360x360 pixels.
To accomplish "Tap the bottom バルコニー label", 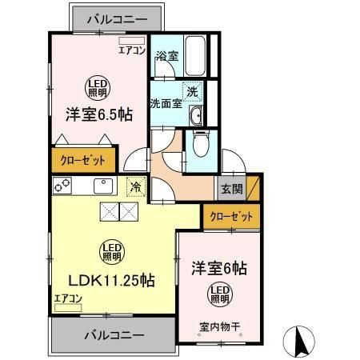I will click(112, 334).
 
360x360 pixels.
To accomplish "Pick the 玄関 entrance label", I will click(232, 190).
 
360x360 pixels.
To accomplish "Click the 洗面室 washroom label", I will click(165, 103).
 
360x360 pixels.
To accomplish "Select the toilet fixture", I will click(200, 144).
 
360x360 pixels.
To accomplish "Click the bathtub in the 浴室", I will click(194, 54).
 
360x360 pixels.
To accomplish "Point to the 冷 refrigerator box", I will click(135, 186).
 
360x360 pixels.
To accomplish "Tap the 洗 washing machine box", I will click(192, 92).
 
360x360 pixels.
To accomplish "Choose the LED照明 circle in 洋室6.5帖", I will click(98, 86).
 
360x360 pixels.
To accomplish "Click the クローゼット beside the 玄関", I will click(231, 216).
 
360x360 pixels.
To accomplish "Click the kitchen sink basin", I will click(103, 186).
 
